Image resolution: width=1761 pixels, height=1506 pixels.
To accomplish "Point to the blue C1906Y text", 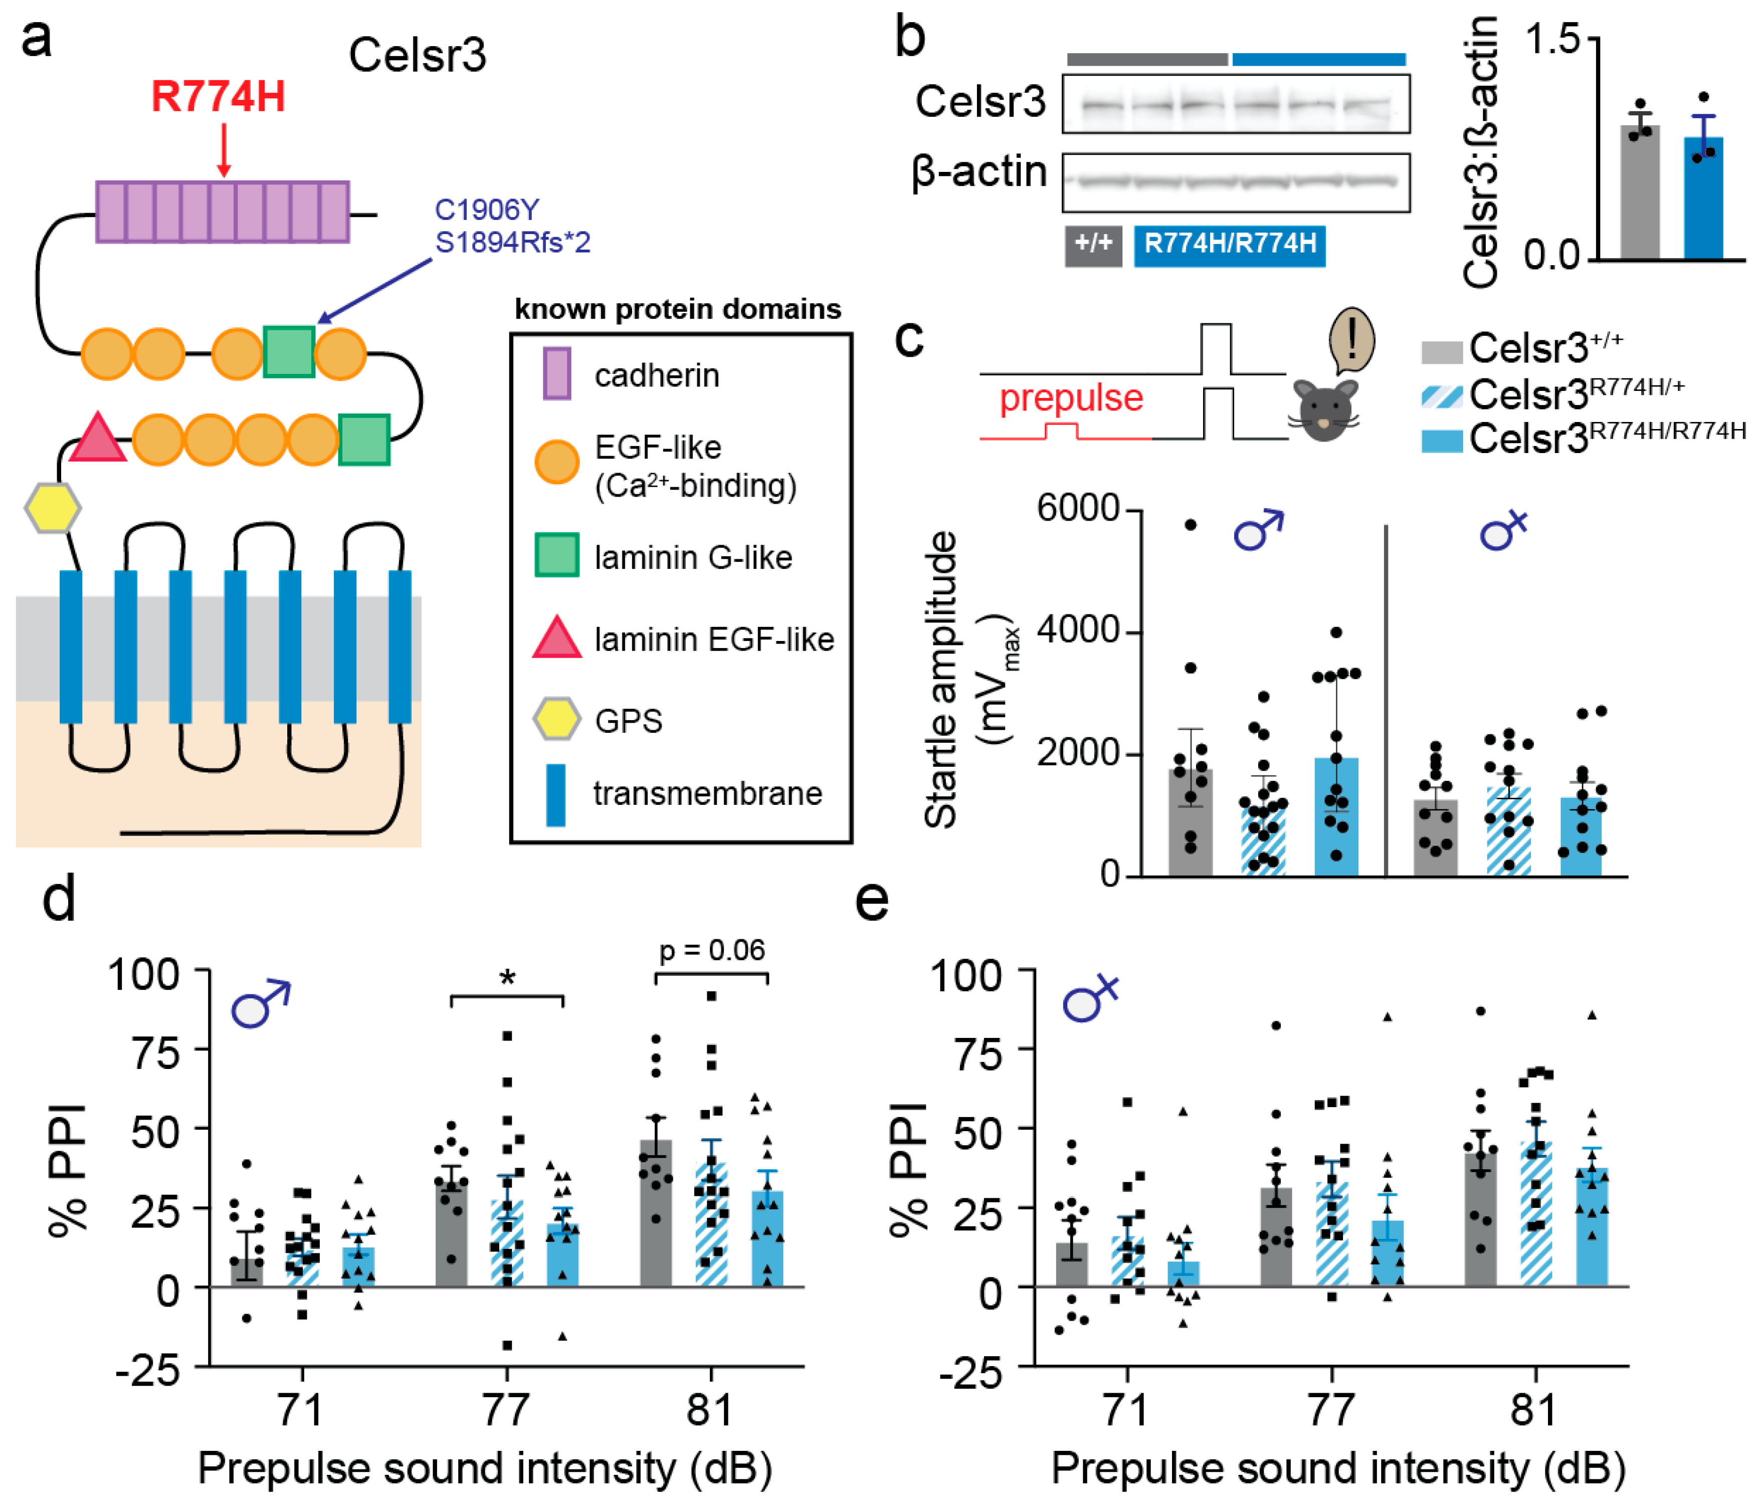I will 486,209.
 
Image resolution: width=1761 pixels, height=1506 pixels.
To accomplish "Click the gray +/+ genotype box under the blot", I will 1093,245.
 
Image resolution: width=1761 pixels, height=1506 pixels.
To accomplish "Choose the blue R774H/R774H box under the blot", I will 1229,245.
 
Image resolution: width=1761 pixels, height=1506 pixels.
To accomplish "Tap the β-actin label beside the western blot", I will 978,172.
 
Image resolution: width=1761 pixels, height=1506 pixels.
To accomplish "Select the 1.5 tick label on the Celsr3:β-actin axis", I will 1552,40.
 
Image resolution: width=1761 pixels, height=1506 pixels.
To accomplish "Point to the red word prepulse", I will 1071,398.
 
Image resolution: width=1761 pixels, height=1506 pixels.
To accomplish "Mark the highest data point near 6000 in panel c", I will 1190,524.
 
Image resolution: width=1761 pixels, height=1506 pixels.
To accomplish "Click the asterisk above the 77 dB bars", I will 507,977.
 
